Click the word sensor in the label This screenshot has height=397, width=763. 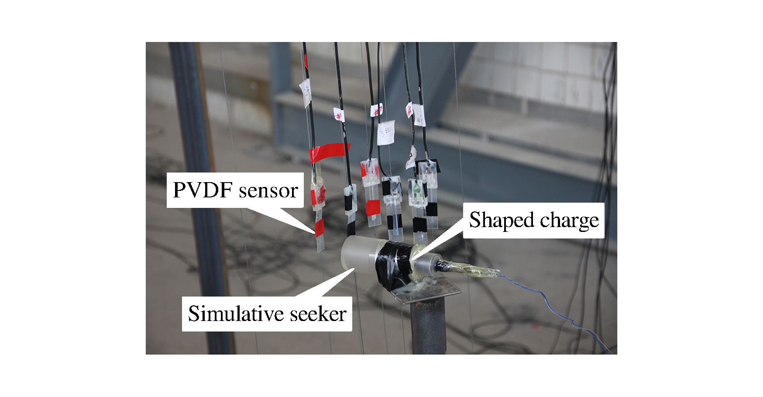coord(268,190)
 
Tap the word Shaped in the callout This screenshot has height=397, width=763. coord(502,220)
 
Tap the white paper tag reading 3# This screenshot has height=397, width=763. coord(386,132)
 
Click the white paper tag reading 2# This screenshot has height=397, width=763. coord(306,93)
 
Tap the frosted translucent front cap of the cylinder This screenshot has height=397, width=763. coord(356,253)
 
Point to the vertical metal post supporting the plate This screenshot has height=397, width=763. coord(428,328)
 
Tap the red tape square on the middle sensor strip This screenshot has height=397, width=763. coord(373,207)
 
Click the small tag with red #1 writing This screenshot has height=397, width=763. coord(339,115)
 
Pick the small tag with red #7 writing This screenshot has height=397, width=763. coord(376,110)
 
